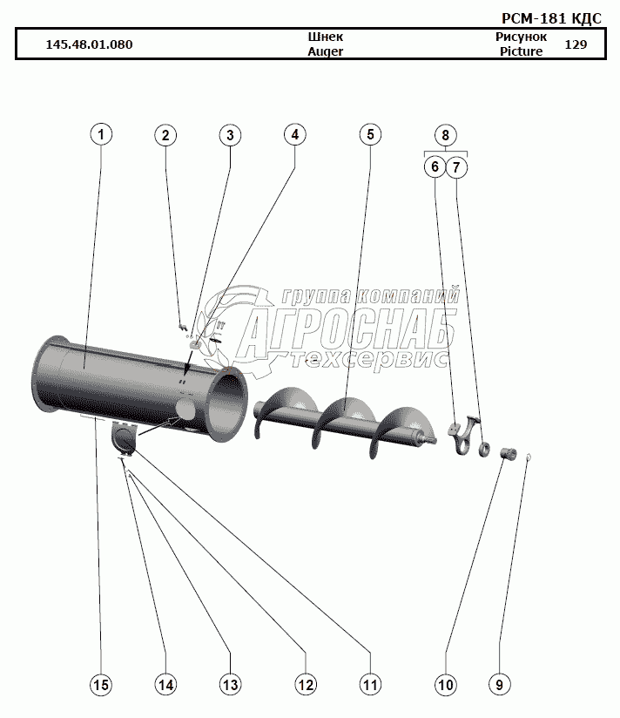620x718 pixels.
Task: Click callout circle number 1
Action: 101,135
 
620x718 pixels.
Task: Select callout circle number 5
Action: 369,135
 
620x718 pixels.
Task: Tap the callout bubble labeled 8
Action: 445,135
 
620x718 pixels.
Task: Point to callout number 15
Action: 101,685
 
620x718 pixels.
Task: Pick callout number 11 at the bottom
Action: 370,685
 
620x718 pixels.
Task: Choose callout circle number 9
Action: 499,685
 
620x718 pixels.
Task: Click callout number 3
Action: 230,135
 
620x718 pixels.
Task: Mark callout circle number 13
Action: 230,685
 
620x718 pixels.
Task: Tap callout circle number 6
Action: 433,165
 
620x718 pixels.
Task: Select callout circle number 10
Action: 445,685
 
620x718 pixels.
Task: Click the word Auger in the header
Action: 326,51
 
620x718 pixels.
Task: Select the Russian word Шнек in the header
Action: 326,37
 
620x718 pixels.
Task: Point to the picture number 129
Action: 576,44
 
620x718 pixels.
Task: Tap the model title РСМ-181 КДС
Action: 551,18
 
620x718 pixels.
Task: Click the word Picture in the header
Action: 521,51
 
